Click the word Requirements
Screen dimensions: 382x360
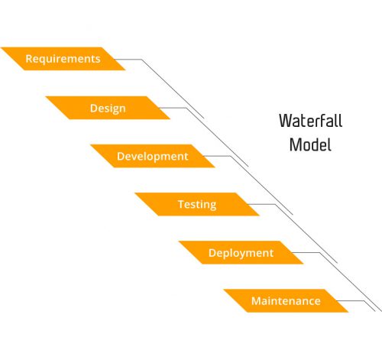[x=63, y=59]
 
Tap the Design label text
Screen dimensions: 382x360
[x=108, y=109]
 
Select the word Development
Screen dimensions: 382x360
[x=153, y=157]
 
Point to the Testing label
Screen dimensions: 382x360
[x=197, y=205]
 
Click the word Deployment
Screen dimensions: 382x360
[x=241, y=253]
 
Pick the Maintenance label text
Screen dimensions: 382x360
[x=286, y=301]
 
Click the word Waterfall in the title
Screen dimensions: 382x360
[x=311, y=121]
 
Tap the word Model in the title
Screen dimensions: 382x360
[x=310, y=144]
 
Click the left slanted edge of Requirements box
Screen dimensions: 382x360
[x=13, y=59]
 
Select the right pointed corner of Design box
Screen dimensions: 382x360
[x=170, y=119]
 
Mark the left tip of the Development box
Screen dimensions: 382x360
[x=90, y=144]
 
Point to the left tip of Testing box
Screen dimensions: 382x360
[x=134, y=193]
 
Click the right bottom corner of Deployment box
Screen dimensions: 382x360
[x=303, y=264]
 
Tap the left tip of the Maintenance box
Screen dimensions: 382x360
[x=223, y=289]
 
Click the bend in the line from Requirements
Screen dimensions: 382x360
[x=141, y=60]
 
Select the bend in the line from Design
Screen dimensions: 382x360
[x=186, y=108]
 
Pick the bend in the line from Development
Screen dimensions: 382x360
[x=231, y=156]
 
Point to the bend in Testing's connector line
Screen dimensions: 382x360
[x=275, y=204]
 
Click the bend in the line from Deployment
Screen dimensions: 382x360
[x=320, y=253]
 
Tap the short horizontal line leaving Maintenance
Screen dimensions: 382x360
[x=351, y=301]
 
